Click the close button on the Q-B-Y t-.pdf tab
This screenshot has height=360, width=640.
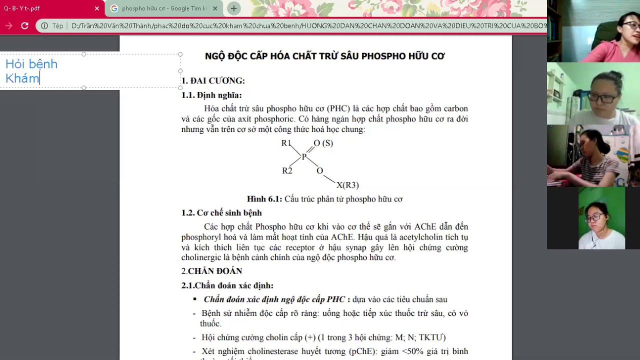pos(97,8)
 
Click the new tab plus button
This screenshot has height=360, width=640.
pos(233,8)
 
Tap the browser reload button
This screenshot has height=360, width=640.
pos(24,25)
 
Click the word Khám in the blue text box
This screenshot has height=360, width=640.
pos(22,78)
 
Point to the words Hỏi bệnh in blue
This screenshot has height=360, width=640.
pos(31,64)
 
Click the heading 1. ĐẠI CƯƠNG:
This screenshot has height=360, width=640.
pos(213,80)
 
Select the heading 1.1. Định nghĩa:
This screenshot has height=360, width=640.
pos(211,95)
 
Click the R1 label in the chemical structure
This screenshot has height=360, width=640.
pos(286,143)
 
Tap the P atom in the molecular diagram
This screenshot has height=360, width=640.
pos(304,157)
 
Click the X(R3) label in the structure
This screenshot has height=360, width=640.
pos(347,185)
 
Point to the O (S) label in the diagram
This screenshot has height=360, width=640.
pos(323,143)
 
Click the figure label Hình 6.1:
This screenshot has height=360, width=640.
pos(264,199)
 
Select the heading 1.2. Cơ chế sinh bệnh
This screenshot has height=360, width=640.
pos(221,212)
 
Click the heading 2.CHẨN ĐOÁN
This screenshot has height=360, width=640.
pos(211,271)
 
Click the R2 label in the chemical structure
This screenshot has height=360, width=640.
pos(287,170)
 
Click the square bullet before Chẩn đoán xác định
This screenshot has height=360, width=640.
pos(195,299)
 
